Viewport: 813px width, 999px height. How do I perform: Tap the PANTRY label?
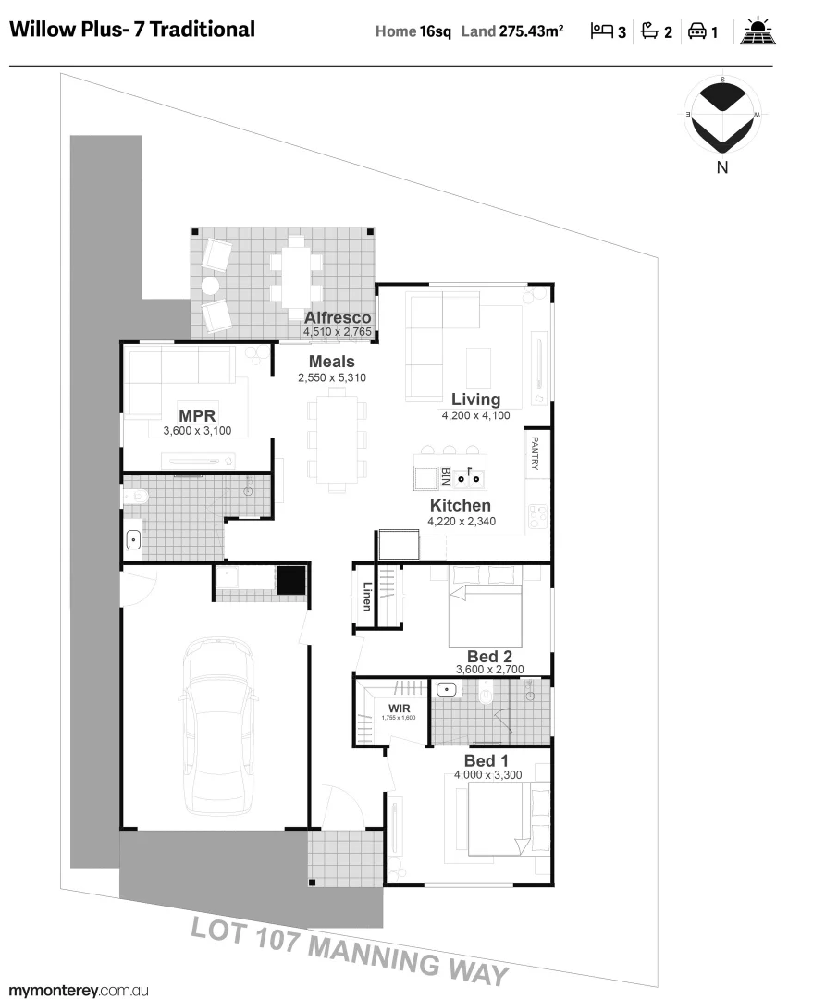(535, 453)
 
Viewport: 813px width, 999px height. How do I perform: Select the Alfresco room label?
(338, 318)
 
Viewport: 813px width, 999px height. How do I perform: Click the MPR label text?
(197, 415)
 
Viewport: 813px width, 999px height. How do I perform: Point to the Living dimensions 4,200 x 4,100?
(475, 415)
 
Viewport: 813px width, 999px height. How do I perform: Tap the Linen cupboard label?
(367, 596)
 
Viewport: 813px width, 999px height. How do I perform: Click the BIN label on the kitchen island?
(445, 477)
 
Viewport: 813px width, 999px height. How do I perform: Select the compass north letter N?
(722, 167)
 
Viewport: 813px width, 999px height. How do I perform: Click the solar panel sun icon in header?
(758, 31)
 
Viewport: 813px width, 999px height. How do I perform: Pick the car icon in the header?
(697, 31)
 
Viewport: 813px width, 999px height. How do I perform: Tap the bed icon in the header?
(602, 31)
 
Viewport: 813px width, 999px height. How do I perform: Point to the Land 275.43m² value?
(531, 31)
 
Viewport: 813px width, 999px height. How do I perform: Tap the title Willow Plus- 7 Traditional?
(131, 29)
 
